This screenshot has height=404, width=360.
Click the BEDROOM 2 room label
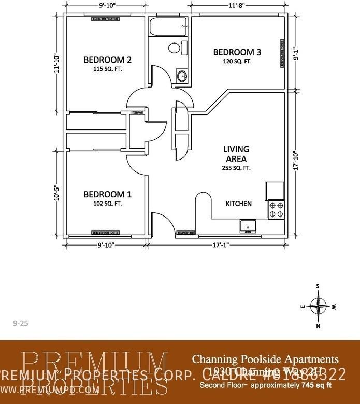[x=107, y=60]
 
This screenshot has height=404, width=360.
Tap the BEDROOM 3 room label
[x=237, y=52]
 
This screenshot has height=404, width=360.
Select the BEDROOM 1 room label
[x=107, y=194]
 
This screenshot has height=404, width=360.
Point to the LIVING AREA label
[x=236, y=154]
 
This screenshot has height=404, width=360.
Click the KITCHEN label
[x=239, y=204]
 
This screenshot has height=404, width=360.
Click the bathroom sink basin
[x=182, y=77]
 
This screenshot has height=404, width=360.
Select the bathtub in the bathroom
[x=168, y=26]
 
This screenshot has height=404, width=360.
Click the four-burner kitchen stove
[x=276, y=209]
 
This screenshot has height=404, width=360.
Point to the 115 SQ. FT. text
[x=107, y=69]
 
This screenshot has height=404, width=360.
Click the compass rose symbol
[x=318, y=306]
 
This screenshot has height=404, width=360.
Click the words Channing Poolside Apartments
[x=265, y=359]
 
